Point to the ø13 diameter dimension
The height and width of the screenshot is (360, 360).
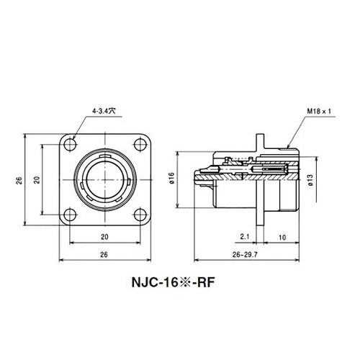coord(309,181)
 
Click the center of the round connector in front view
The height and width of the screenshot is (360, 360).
coord(103,179)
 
